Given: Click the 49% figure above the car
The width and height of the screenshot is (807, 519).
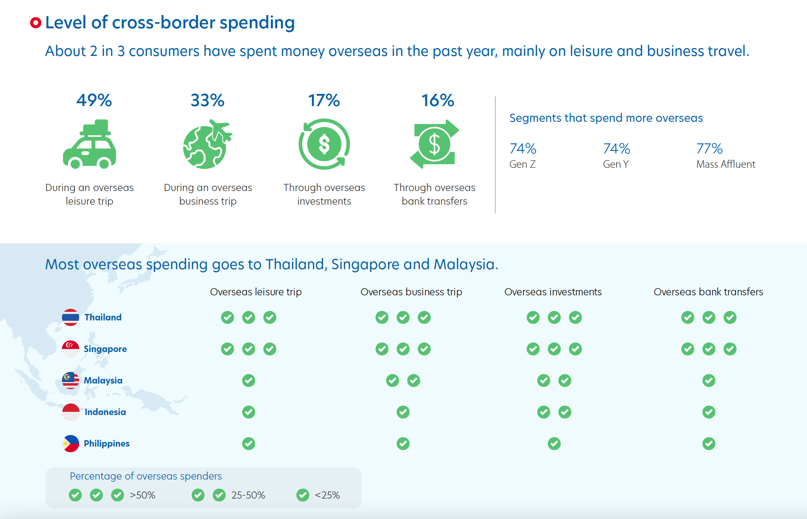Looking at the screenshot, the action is (94, 100).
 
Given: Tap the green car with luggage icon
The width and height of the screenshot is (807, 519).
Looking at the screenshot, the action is (90, 144).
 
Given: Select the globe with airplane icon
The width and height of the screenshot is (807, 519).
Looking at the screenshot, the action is (207, 144).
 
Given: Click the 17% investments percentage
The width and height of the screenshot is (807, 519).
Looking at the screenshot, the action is (324, 100).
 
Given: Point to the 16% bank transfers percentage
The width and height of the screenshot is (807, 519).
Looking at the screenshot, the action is (437, 100).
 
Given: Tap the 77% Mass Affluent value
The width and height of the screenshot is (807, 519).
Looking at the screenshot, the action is (709, 148).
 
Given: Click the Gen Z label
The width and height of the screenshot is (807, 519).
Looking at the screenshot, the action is (522, 164).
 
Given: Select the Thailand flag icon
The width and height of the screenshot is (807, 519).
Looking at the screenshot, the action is (70, 317).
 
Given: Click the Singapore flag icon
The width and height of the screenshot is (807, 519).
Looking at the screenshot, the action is (70, 349).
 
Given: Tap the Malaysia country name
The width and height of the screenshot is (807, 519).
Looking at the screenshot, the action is (103, 380).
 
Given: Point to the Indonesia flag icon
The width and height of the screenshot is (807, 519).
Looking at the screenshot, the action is (71, 412).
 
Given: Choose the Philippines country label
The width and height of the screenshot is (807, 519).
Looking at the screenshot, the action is (107, 443).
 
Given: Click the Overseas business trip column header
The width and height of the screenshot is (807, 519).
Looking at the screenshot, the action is (411, 292).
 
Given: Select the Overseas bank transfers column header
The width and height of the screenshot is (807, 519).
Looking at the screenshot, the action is (708, 292).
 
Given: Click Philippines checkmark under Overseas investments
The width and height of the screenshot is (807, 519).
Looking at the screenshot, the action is (554, 444).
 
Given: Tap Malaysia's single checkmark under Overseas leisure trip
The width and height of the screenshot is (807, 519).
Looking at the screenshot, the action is (248, 381).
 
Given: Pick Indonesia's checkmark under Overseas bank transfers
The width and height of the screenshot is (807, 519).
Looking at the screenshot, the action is (709, 412).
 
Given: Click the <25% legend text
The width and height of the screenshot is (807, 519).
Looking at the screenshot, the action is (327, 495).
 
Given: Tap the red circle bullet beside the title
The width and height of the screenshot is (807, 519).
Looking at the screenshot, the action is (35, 23).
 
